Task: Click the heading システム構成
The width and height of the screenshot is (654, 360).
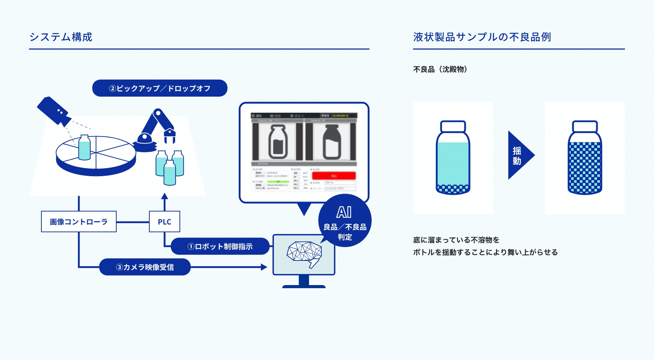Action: coord(61,37)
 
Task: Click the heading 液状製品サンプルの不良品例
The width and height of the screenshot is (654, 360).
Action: coord(482,37)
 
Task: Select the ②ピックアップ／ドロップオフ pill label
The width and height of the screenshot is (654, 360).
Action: coord(160,88)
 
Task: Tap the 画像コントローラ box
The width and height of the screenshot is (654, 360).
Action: coord(79,222)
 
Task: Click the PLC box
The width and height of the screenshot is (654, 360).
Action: coord(165,222)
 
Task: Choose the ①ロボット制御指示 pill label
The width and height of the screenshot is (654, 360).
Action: coord(220,246)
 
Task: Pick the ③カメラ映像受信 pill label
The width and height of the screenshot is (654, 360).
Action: coord(145,267)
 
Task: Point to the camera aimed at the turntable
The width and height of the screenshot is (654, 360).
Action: coord(53,111)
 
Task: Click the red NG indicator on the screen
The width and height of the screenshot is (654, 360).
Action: coord(334,176)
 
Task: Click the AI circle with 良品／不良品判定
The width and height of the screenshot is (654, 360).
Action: coord(345,222)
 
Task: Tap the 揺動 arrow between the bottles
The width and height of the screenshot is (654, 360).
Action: coord(520,155)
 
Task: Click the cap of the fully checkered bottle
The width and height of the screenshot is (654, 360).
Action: coord(585,126)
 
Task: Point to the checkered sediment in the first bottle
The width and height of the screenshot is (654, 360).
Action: coord(453,189)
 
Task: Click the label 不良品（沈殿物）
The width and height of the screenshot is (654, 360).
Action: coord(440,69)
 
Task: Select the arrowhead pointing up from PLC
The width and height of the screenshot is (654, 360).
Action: coord(165,197)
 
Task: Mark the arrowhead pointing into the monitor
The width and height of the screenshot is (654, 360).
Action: coord(264,267)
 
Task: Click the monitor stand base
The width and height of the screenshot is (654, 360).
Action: coord(304,286)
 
